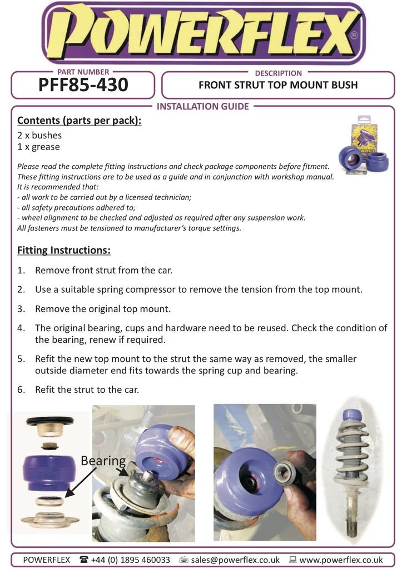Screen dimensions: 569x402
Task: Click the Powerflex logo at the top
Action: [203, 33]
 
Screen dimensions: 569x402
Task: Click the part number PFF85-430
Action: [83, 85]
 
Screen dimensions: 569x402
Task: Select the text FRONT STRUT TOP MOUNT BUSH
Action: [278, 85]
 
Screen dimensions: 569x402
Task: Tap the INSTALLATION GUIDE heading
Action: [203, 106]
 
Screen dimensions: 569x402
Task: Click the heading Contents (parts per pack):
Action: [80, 120]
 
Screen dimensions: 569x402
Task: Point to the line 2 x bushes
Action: [39, 135]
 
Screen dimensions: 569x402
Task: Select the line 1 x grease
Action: [38, 147]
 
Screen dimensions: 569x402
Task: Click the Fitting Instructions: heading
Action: [64, 250]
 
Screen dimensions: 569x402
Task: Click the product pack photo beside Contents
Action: [364, 146]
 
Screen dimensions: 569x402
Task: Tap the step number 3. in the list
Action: [22, 308]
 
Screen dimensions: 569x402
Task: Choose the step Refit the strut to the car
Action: [87, 390]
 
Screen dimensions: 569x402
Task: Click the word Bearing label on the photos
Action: [103, 461]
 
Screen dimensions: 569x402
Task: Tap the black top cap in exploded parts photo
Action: [49, 421]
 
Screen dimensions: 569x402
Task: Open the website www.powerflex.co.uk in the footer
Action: [341, 560]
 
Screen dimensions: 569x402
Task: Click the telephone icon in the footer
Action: [85, 560]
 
